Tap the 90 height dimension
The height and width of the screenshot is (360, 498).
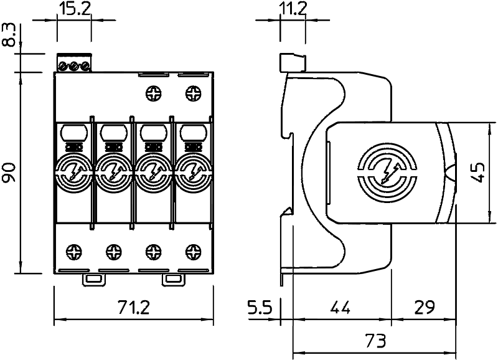[9, 172]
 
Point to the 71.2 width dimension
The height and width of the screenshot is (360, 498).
[133, 307]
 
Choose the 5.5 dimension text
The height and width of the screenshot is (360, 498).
[260, 307]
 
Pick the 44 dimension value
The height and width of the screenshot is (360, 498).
[340, 307]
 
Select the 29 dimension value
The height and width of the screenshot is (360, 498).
[424, 307]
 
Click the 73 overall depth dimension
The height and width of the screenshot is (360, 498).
[375, 341]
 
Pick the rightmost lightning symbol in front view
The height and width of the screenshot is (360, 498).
[193, 173]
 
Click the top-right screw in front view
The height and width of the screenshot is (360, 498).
[193, 93]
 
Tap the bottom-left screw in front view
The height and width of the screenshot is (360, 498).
[73, 252]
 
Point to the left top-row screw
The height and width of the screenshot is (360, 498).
[154, 93]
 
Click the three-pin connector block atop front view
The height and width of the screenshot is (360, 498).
[74, 63]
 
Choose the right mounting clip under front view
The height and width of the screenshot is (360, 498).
[173, 280]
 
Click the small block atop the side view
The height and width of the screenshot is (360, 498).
[293, 63]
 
